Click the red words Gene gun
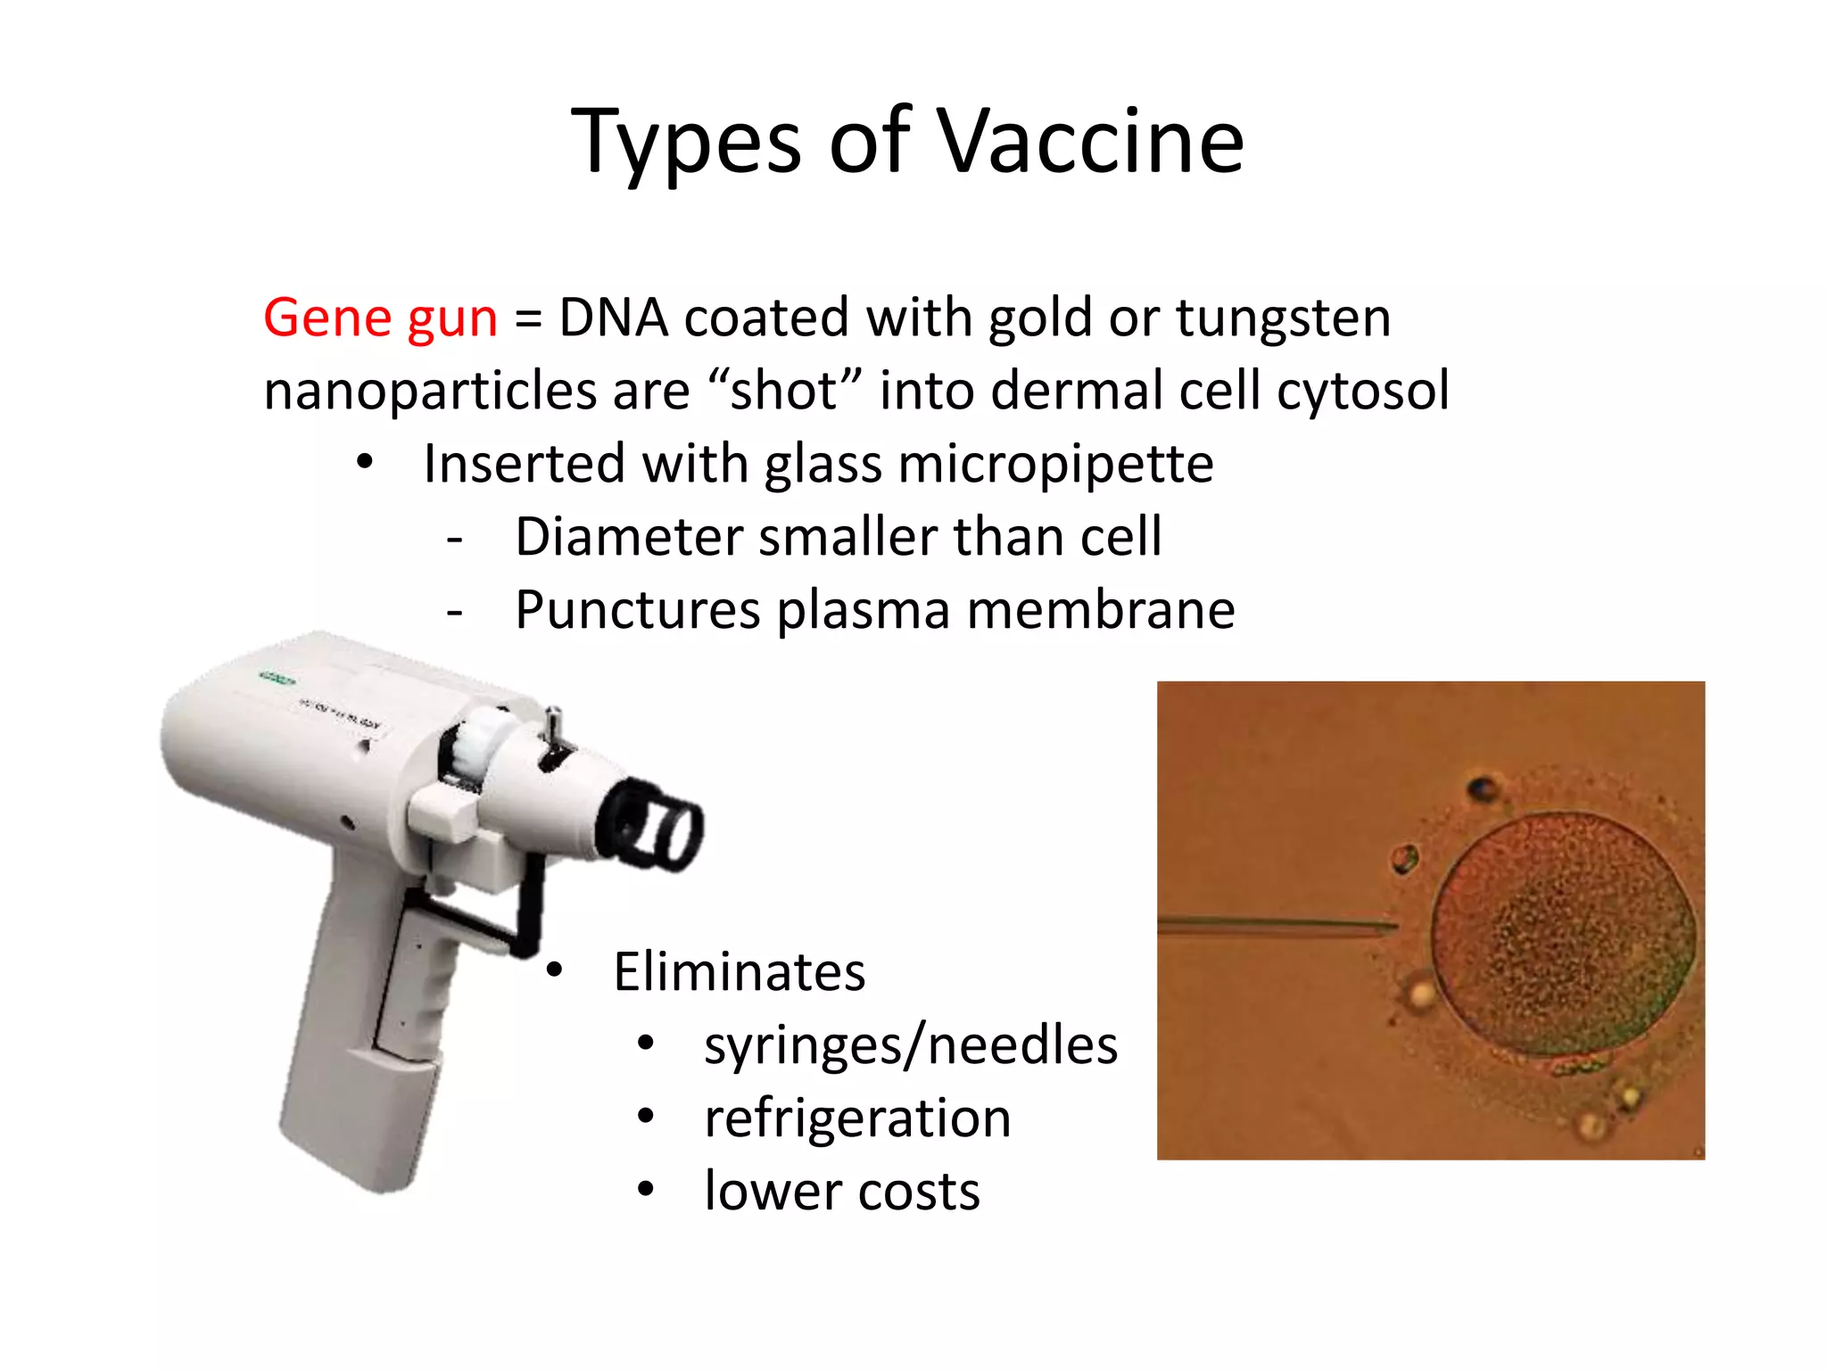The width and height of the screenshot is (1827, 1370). pyautogui.click(x=380, y=318)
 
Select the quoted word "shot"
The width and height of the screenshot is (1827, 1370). pyautogui.click(x=784, y=392)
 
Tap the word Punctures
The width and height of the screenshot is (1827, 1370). pyautogui.click(x=637, y=612)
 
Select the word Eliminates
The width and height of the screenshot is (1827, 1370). pyautogui.click(x=739, y=972)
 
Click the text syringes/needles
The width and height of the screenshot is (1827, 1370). pyautogui.click(x=910, y=1045)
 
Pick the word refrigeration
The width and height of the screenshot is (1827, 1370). pyautogui.click(x=856, y=1118)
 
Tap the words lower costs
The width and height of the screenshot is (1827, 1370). pyautogui.click(x=841, y=1192)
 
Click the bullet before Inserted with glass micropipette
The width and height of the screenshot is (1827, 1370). pyautogui.click(x=364, y=463)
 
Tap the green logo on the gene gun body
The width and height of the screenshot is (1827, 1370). pyautogui.click(x=277, y=680)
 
